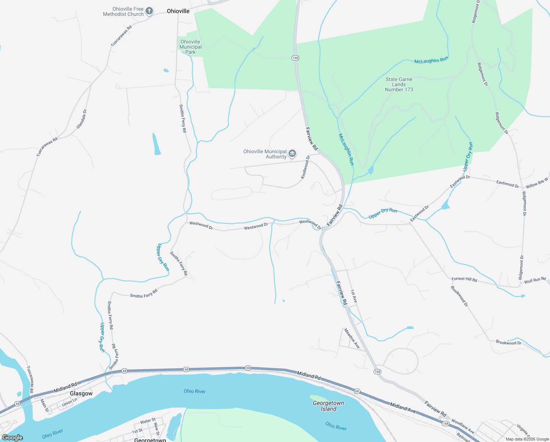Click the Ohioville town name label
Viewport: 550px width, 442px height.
pyautogui.click(x=178, y=11)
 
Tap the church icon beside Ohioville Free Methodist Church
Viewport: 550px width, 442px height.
pyautogui.click(x=149, y=11)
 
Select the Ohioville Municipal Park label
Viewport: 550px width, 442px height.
pyautogui.click(x=190, y=47)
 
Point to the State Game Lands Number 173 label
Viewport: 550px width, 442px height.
pyautogui.click(x=399, y=84)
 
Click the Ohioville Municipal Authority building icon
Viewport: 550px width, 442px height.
pyautogui.click(x=292, y=154)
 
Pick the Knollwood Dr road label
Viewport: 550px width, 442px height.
pyautogui.click(x=306, y=167)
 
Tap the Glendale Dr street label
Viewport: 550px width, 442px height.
pyautogui.click(x=82, y=119)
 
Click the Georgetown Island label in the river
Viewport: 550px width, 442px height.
pyautogui.click(x=328, y=406)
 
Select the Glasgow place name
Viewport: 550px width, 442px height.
pyautogui.click(x=81, y=393)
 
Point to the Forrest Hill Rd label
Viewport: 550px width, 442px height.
pyautogui.click(x=464, y=280)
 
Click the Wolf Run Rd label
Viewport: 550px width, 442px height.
pyautogui.click(x=535, y=281)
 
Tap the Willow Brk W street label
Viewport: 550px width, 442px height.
pyautogui.click(x=537, y=183)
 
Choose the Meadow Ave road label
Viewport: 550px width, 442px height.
pyautogui.click(x=352, y=338)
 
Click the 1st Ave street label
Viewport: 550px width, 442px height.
pyautogui.click(x=354, y=296)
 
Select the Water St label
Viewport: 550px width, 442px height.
pyautogui.click(x=148, y=421)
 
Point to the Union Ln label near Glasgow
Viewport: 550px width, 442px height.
pyautogui.click(x=69, y=401)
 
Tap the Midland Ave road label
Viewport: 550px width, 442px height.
pyautogui.click(x=403, y=407)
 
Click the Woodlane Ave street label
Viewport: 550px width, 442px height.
pyautogui.click(x=463, y=426)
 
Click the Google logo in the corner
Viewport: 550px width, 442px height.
pyautogui.click(x=12, y=438)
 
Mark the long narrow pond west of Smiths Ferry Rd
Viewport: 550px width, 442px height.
pyautogui.click(x=157, y=144)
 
